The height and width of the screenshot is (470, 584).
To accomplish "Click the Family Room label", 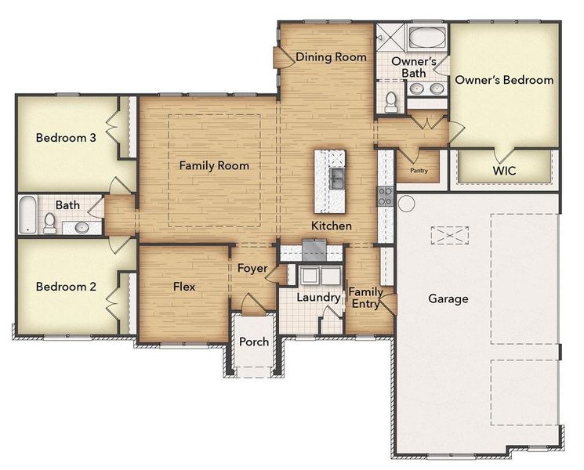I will (x=214, y=165).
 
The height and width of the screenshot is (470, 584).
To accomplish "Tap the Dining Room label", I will (x=331, y=57).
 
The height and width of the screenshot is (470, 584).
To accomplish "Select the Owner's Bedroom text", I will (x=505, y=80).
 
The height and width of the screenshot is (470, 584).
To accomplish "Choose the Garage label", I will (x=448, y=298).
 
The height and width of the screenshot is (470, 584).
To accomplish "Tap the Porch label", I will (x=253, y=342).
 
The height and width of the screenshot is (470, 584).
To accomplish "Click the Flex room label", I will (x=184, y=287).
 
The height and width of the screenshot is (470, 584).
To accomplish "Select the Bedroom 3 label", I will (x=66, y=138).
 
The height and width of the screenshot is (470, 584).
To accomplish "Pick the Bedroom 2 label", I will (x=66, y=287).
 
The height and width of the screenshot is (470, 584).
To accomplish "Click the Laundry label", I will (x=318, y=298).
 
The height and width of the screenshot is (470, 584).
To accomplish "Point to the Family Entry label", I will (x=365, y=298).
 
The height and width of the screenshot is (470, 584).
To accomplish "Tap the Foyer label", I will (x=252, y=269).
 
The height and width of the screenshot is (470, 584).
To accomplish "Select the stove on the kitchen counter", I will (x=386, y=196).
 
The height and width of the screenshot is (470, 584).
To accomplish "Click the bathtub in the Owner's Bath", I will (x=426, y=38).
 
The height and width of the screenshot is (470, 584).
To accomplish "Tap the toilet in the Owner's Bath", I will (x=391, y=100).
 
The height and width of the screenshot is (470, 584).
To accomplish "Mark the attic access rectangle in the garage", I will (x=448, y=236).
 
